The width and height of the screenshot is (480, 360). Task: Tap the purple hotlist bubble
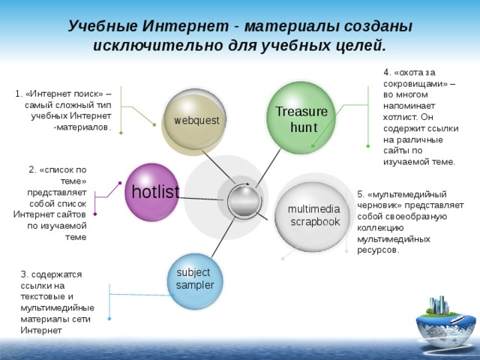point(153,192)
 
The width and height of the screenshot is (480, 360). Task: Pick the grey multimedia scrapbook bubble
point(312,216)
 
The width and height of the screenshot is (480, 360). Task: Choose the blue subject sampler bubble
point(194,279)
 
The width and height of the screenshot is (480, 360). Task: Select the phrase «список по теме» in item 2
point(60,175)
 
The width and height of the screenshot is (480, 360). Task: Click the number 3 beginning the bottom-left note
point(24,274)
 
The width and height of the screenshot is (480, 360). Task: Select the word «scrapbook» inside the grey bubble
point(315,222)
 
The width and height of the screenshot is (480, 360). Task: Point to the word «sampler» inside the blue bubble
point(194,285)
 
